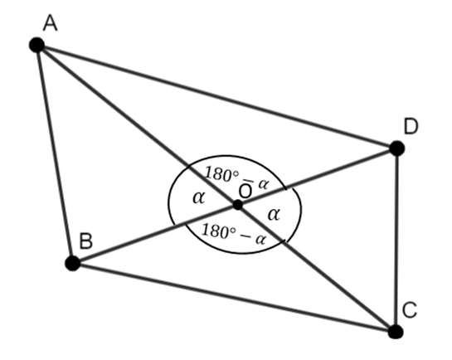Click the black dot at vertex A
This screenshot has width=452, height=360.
click(36, 45)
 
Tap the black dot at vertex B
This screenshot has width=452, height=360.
click(73, 263)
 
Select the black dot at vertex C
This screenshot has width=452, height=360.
click(396, 332)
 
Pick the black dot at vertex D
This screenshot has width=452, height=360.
click(397, 148)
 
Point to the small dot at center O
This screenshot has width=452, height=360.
click(238, 205)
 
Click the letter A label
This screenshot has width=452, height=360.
click(50, 23)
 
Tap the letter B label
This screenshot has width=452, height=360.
click(86, 241)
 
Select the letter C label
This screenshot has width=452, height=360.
click(410, 310)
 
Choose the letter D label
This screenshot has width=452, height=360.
click(411, 127)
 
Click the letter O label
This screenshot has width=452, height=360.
click(245, 191)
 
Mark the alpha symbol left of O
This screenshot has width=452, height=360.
click(198, 197)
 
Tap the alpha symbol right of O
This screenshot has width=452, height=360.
click(274, 214)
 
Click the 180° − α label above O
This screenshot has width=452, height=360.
click(236, 178)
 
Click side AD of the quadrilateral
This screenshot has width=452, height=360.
click(216, 96)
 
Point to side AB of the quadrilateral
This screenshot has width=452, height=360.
click(55, 154)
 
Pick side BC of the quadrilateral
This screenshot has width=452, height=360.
click(234, 297)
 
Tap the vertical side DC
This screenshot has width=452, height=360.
click(396, 240)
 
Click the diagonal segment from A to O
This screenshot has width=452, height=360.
click(137, 125)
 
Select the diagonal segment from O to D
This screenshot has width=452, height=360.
click(318, 177)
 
